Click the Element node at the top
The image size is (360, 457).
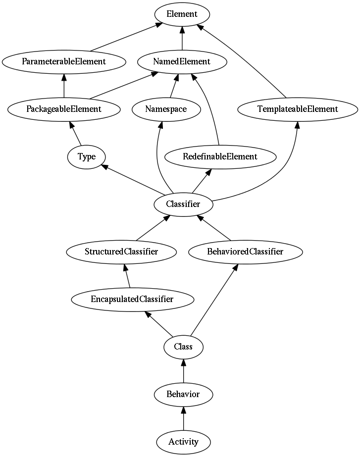(x=182, y=14)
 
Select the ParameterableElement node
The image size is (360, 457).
(x=64, y=62)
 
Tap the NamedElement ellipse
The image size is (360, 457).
(x=182, y=62)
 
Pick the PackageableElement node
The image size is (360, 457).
(x=64, y=109)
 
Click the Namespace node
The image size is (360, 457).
(x=166, y=109)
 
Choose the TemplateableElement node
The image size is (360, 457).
(x=298, y=109)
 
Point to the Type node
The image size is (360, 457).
(x=87, y=157)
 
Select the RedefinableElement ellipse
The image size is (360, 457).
(x=220, y=157)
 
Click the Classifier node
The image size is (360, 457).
(x=183, y=204)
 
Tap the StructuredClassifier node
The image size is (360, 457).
(x=121, y=252)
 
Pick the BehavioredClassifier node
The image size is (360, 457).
(x=246, y=252)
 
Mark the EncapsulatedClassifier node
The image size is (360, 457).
(x=133, y=300)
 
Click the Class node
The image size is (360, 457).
(x=183, y=347)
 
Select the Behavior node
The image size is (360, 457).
(x=183, y=394)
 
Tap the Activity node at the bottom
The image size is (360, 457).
(x=183, y=442)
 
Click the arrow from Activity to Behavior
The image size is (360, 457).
(x=183, y=418)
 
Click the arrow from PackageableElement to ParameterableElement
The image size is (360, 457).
(x=64, y=86)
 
